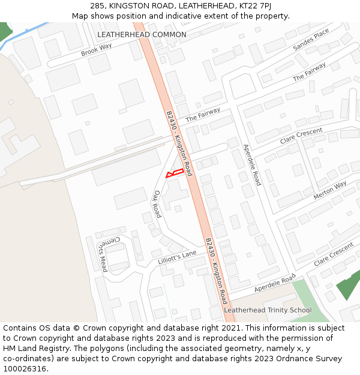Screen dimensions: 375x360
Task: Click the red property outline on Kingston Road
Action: click(x=173, y=173)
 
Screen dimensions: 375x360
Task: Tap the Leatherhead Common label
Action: click(x=142, y=35)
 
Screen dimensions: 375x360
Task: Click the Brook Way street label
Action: click(x=97, y=50)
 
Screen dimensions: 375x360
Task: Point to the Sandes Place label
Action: click(x=311, y=40)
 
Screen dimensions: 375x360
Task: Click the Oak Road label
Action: click(x=157, y=204)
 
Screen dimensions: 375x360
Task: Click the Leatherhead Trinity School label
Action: click(x=268, y=310)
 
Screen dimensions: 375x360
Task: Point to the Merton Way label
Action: click(x=330, y=190)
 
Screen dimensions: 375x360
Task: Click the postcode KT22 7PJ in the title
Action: click(x=248, y=5)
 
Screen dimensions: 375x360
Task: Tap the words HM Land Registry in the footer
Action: click(x=29, y=349)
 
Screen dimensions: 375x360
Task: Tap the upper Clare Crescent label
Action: click(x=301, y=136)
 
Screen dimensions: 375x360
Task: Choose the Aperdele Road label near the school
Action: click(x=275, y=284)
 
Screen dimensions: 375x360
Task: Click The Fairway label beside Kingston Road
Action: click(x=203, y=114)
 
